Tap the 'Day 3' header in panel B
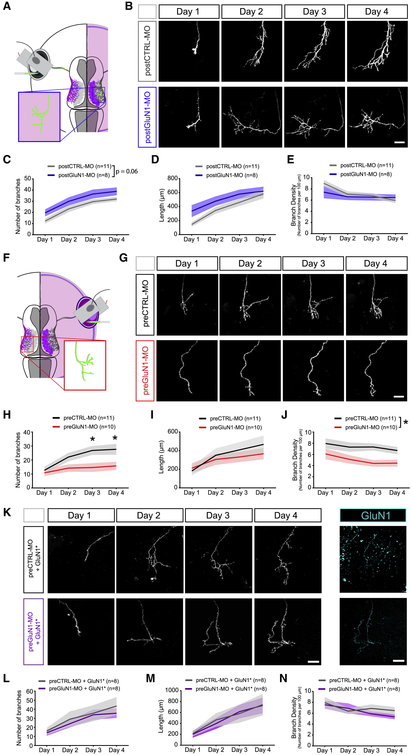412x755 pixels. (x=314, y=12)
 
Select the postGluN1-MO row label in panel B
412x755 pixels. (x=147, y=117)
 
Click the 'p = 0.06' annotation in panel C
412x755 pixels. (x=127, y=171)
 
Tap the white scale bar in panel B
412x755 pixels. (x=399, y=142)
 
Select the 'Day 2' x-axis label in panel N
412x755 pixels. (x=348, y=750)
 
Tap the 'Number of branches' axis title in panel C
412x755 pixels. (x=18, y=206)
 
